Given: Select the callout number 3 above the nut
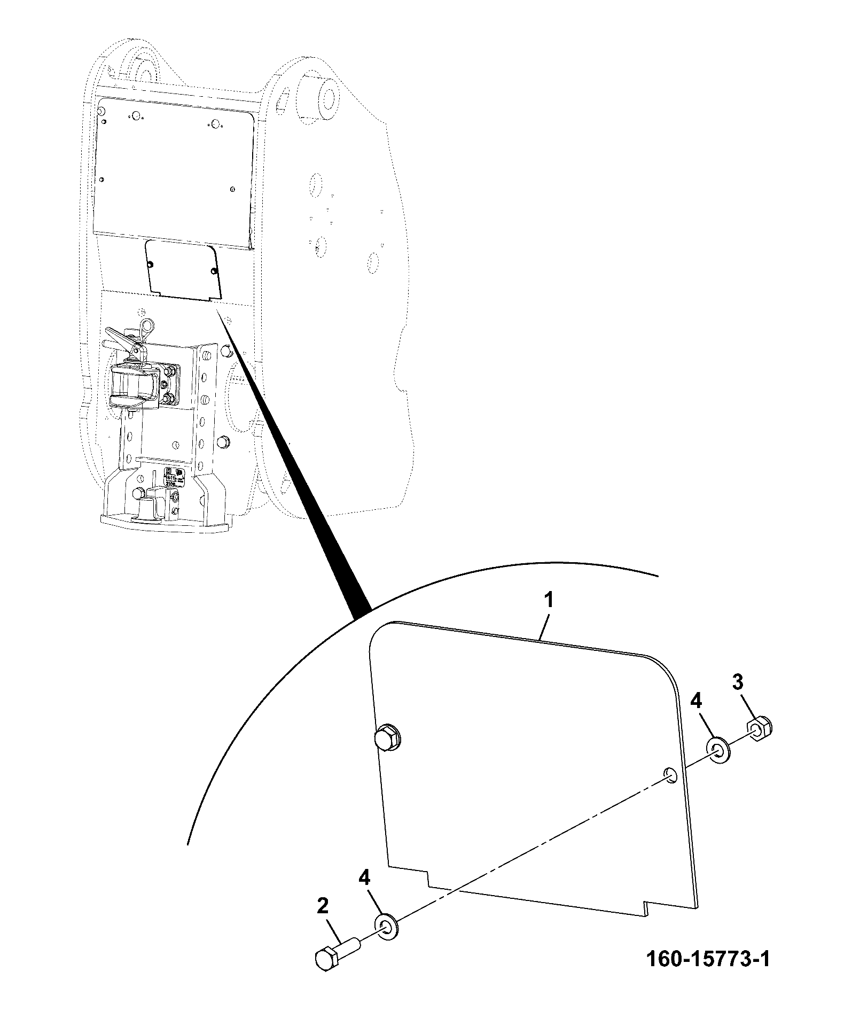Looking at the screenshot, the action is pyautogui.click(x=737, y=681).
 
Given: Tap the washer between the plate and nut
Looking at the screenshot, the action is pyautogui.click(x=719, y=751).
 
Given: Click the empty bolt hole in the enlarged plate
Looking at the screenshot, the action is pyautogui.click(x=670, y=775).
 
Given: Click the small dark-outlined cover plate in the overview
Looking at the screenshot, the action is pyautogui.click(x=184, y=270).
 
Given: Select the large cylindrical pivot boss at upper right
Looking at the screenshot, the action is pyautogui.click(x=317, y=96).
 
